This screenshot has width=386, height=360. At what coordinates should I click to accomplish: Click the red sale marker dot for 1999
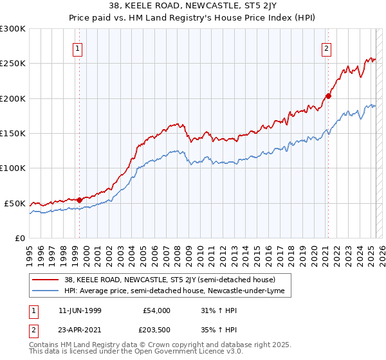tap(80, 200)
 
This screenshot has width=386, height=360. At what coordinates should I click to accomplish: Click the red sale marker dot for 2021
tap(327, 96)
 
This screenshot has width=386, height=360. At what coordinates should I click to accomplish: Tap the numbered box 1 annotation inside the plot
tap(77, 48)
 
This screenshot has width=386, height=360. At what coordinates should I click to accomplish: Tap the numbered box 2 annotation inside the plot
tap(326, 48)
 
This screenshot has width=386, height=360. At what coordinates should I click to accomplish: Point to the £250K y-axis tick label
tap(13, 64)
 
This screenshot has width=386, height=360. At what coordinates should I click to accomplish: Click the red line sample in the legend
tap(46, 280)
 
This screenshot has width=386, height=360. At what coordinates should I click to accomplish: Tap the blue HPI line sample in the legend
tap(46, 291)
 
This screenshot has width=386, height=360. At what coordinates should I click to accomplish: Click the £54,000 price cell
tap(155, 310)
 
